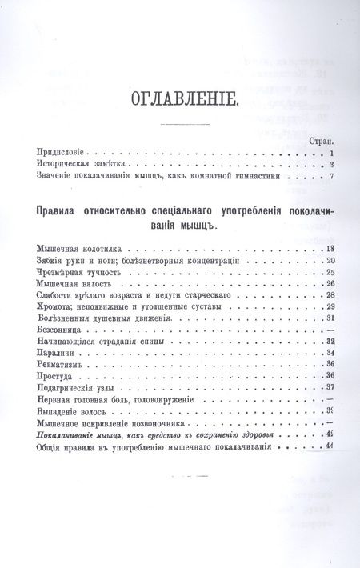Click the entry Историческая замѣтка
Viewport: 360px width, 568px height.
point(74,165)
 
